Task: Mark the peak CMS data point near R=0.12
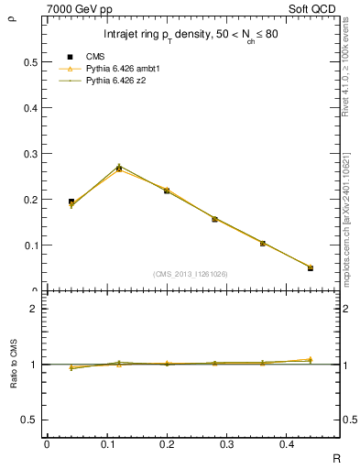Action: click(119, 169)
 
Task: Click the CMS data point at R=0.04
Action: click(71, 202)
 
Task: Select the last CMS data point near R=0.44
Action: click(311, 268)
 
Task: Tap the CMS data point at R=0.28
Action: click(214, 219)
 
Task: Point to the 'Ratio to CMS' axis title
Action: click(13, 364)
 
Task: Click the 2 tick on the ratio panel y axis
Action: click(33, 309)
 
